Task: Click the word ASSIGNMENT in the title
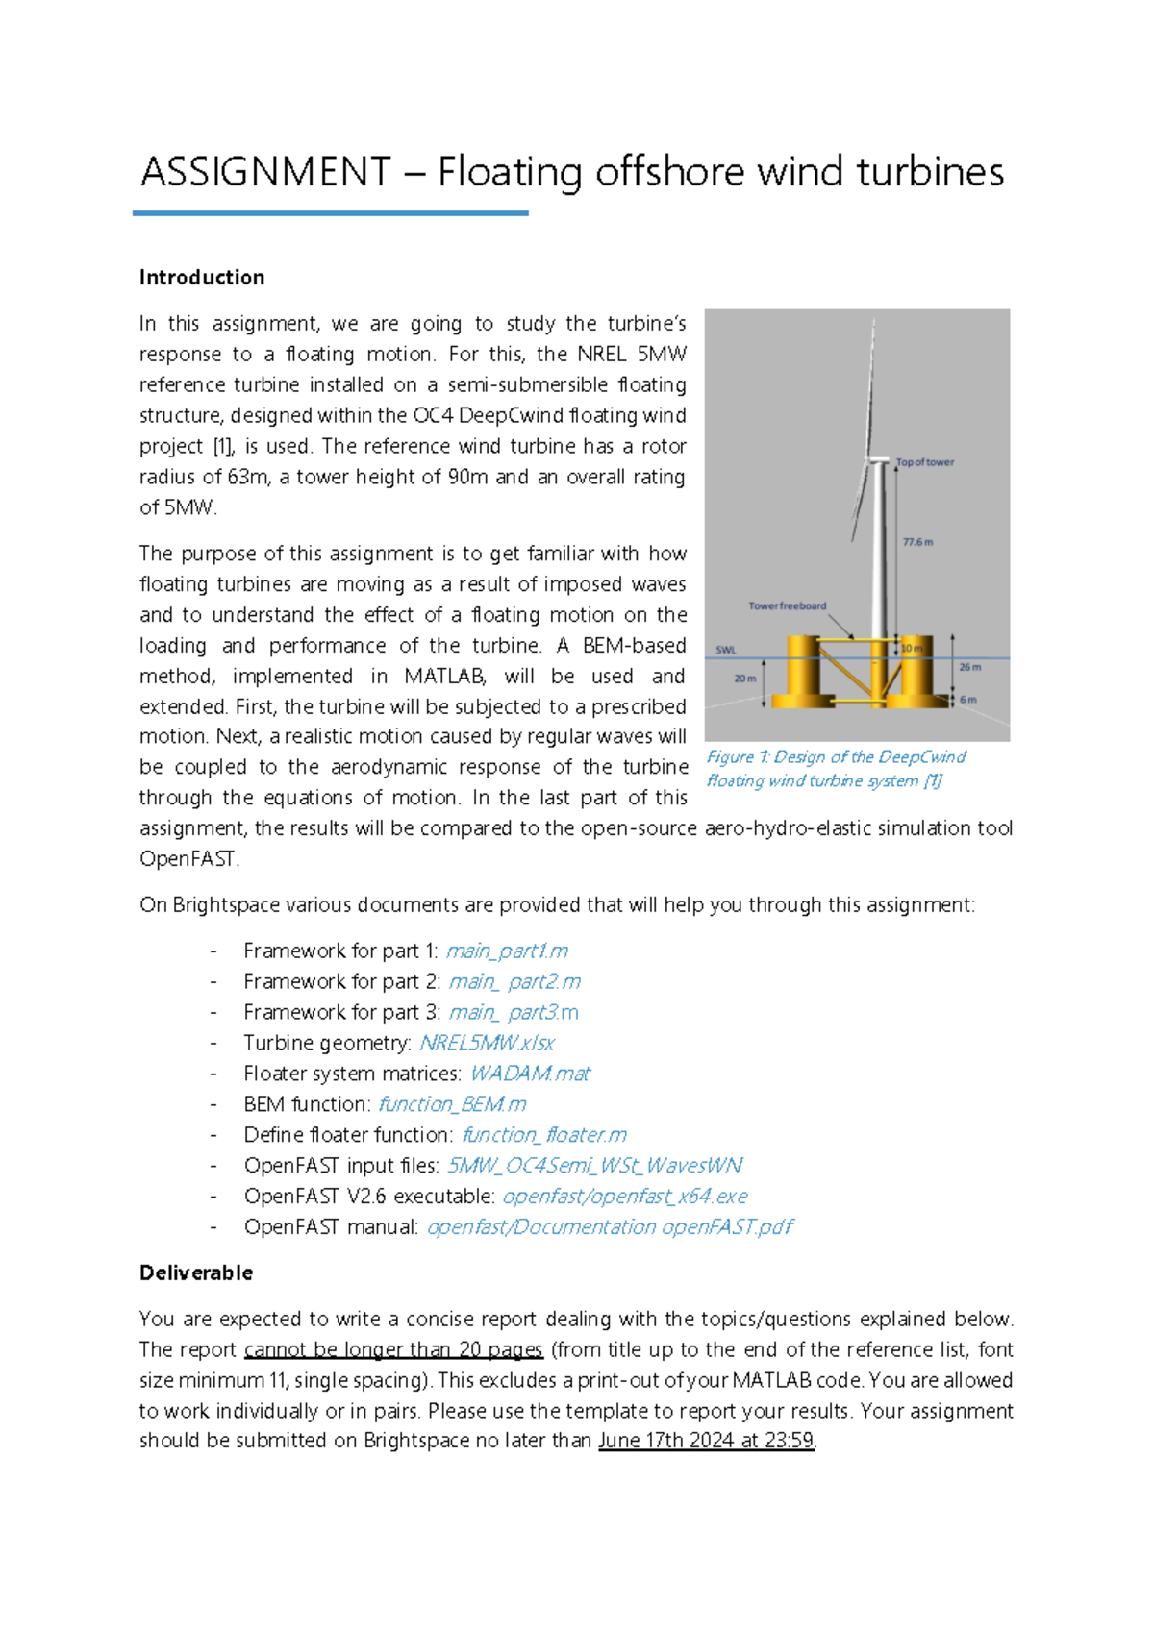(x=265, y=173)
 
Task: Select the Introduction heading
(x=202, y=278)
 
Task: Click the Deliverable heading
(x=196, y=1273)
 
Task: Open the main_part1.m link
(x=507, y=951)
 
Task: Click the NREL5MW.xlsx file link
(x=487, y=1044)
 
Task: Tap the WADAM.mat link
(x=530, y=1074)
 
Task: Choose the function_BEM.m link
(x=452, y=1105)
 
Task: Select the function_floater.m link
(x=544, y=1136)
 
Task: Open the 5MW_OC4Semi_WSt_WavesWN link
(x=595, y=1167)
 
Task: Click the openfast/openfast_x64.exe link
(x=625, y=1198)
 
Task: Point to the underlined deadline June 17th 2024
(x=706, y=1442)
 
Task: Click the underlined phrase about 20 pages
(x=393, y=1350)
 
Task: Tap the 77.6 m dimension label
(x=917, y=542)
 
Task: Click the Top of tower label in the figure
(x=925, y=462)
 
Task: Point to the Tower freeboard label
(x=787, y=606)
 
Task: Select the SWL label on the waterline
(x=726, y=650)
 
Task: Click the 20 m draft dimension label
(x=745, y=679)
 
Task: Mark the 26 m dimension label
(x=969, y=667)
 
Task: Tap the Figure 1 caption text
(x=835, y=769)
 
